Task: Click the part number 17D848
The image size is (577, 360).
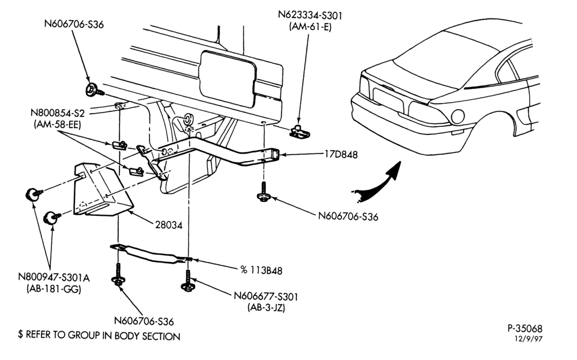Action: tap(341, 155)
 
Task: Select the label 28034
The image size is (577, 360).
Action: tap(168, 225)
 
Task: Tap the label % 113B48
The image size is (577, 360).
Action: tap(261, 271)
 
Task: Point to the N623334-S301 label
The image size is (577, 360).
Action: tap(310, 16)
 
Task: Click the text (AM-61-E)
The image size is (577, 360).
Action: tap(310, 27)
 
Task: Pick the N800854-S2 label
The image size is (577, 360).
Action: tap(57, 113)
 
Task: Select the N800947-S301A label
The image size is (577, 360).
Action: tap(54, 277)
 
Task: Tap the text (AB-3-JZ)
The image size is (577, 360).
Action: tap(266, 307)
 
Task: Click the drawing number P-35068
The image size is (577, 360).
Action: tap(525, 328)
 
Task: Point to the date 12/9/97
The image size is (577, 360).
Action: tap(529, 339)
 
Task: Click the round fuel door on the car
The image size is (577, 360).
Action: tap(458, 117)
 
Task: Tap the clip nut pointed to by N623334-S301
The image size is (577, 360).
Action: tap(299, 132)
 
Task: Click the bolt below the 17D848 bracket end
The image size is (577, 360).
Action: tap(264, 192)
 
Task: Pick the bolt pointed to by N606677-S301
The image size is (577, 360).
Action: tap(188, 282)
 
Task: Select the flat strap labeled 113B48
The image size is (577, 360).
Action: tap(151, 254)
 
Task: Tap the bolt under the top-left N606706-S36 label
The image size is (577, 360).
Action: tap(93, 90)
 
